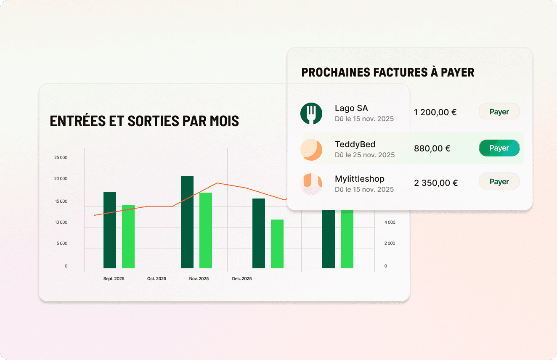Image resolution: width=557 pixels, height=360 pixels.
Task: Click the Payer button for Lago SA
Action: (499, 112)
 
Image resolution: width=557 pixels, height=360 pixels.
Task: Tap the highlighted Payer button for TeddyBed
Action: (499, 148)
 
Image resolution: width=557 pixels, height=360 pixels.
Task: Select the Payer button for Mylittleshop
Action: (499, 182)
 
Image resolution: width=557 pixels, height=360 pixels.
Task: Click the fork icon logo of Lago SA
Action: (311, 114)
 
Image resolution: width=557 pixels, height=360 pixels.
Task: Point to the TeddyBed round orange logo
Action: (311, 150)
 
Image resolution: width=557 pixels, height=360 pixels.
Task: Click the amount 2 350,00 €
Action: (436, 183)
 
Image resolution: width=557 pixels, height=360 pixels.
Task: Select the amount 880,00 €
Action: (432, 148)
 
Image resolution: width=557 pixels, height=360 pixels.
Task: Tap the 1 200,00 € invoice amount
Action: (435, 112)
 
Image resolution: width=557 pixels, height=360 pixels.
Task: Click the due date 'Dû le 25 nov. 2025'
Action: (365, 155)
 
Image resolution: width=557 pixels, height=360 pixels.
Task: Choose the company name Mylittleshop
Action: (359, 179)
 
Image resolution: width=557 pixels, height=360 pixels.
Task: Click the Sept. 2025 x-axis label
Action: (114, 279)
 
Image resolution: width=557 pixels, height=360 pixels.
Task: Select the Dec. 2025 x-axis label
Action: (242, 279)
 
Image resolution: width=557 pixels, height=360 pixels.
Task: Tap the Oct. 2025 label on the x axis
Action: (156, 279)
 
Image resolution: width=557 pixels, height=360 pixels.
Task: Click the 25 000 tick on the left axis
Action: (61, 158)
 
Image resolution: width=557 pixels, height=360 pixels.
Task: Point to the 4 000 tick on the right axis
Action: (390, 222)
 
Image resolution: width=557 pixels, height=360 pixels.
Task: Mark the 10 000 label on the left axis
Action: (61, 222)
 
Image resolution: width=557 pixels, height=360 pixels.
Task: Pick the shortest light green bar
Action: (277, 244)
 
